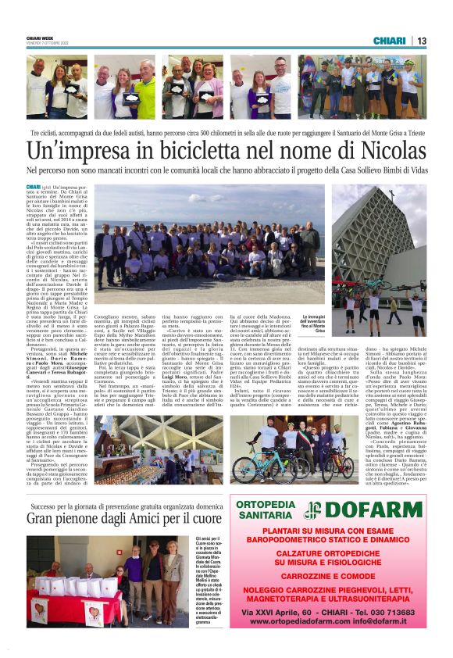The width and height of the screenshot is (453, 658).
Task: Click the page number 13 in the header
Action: [x=422, y=41]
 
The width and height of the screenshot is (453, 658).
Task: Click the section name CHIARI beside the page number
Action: [x=390, y=41]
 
